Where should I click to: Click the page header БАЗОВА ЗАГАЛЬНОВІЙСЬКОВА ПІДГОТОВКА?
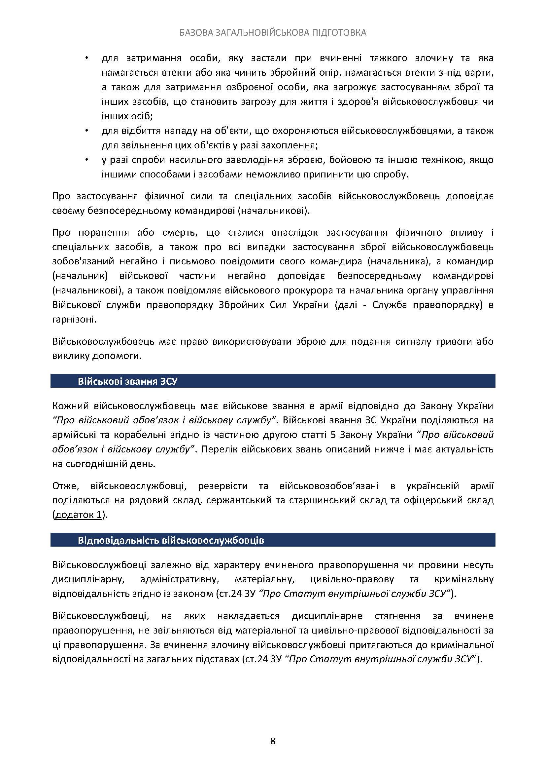pos(273,33)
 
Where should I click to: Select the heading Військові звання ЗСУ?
pos(127,381)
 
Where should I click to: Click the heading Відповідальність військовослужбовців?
pos(171,540)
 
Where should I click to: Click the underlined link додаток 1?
pos(78,516)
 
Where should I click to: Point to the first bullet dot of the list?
pos(87,58)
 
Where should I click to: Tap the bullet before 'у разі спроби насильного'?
pos(87,160)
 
